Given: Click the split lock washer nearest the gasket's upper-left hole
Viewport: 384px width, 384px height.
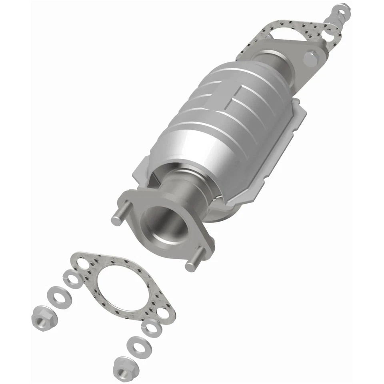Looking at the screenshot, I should point(73,278).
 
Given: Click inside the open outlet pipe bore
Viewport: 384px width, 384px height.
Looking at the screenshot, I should point(166,226).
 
